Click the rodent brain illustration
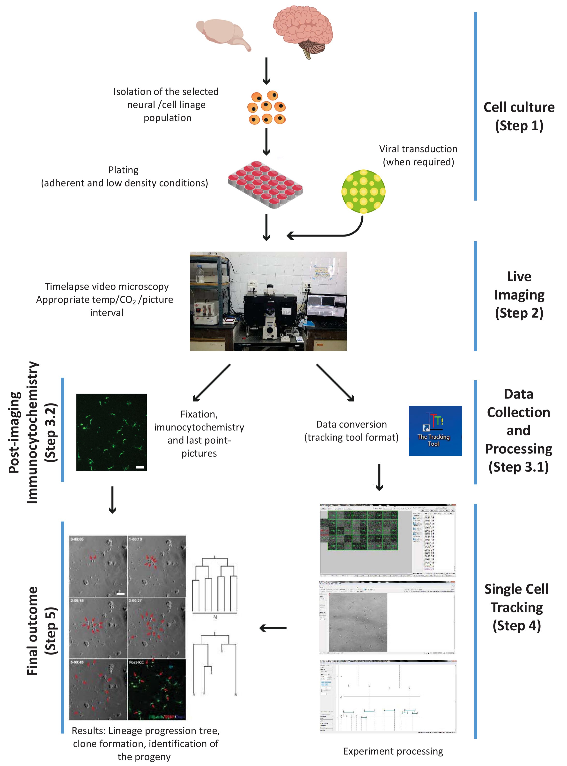coord(222,34)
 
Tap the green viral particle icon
coord(363,191)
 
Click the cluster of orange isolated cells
coord(266,107)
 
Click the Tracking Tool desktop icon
coord(435,431)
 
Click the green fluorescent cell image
coord(111,432)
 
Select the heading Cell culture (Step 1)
coord(519,116)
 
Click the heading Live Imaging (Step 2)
coord(519,295)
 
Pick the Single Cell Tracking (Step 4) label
coord(516,607)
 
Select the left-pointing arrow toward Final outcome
coord(273,628)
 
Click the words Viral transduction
coord(418,149)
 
